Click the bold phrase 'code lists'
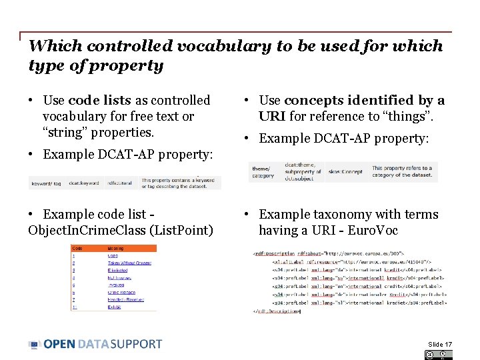(x=100, y=101)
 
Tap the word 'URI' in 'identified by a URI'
(x=271, y=117)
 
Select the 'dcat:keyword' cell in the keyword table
(x=83, y=183)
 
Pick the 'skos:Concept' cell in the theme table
(x=345, y=171)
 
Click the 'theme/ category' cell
(x=263, y=172)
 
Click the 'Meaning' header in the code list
(x=116, y=249)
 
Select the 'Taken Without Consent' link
(x=129, y=263)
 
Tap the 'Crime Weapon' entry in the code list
(x=121, y=292)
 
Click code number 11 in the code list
(x=75, y=307)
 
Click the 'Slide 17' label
(x=440, y=344)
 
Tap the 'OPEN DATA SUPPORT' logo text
(x=103, y=344)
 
